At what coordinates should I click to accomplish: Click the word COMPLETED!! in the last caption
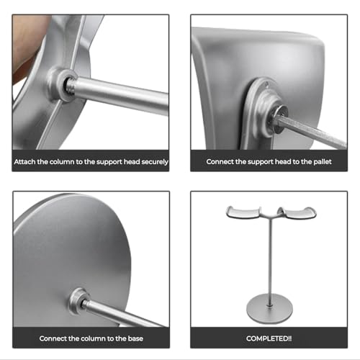coord(269,338)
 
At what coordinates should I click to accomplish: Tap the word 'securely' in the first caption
coord(155,162)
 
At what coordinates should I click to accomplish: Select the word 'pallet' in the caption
coord(323,162)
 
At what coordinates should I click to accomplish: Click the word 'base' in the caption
coord(135,338)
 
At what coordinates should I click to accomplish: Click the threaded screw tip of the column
coord(71,84)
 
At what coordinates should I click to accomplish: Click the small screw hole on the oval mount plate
coord(266,84)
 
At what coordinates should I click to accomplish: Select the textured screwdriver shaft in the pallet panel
coord(312,131)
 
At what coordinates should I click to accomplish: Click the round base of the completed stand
coord(269,308)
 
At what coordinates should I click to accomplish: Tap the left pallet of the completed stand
coord(243,212)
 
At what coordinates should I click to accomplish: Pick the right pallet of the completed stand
coord(297,212)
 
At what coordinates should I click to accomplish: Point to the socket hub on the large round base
coord(79,300)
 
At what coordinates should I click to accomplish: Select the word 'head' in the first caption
coord(132,162)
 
